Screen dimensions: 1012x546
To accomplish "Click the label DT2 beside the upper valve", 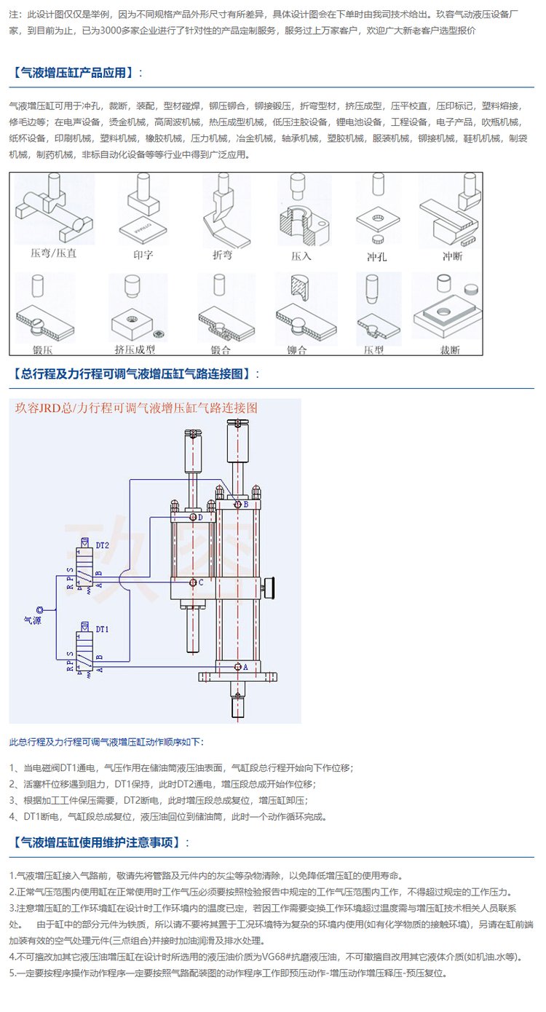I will tap(102, 545).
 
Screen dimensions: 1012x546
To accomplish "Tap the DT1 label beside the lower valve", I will tap(102, 628).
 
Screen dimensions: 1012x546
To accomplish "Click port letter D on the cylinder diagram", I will tap(200, 518).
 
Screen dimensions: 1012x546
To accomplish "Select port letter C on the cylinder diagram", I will tap(200, 582).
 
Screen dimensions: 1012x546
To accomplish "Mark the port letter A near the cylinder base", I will tap(245, 666).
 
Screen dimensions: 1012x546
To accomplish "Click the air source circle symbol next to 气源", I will tap(39, 609).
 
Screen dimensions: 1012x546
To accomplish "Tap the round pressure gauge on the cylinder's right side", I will tap(272, 585).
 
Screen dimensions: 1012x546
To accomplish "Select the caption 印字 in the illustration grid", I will tap(143, 255).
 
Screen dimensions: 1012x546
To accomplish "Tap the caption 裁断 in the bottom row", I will tap(450, 350).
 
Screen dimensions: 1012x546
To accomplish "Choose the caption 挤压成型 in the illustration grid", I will tap(135, 349).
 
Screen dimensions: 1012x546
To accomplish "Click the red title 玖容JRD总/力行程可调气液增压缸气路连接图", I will tap(137, 408).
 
